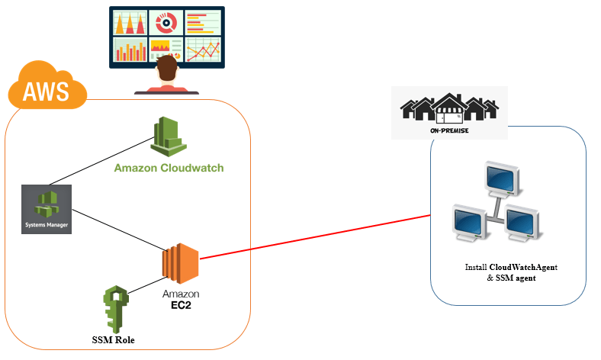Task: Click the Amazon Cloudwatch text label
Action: pyautogui.click(x=169, y=168)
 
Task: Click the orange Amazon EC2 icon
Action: pyautogui.click(x=179, y=264)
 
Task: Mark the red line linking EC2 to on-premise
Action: pyautogui.click(x=320, y=236)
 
